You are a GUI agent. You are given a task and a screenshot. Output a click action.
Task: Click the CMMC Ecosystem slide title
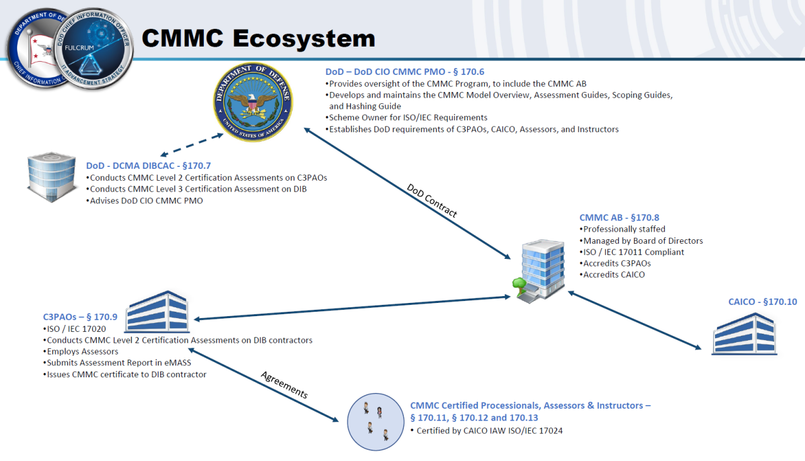coord(258,38)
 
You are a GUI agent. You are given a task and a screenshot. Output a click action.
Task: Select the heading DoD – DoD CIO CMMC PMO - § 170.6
coord(404,72)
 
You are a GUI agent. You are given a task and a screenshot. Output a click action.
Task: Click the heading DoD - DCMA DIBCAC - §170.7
coord(148,166)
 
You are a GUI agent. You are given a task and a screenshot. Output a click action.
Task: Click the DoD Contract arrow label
coord(431,200)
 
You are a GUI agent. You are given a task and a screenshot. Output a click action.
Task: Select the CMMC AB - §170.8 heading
coord(619,218)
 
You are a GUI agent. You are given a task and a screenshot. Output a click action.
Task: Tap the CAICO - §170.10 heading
coord(762,302)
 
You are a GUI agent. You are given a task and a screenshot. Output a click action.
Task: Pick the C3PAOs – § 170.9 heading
coord(80,317)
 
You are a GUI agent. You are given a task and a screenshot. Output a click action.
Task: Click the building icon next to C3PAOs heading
coord(157,312)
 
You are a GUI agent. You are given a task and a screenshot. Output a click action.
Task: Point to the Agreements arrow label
coord(284,384)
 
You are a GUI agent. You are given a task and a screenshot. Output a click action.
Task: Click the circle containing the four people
coord(375,423)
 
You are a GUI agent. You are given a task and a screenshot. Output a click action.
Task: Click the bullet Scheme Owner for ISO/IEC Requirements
coord(406,118)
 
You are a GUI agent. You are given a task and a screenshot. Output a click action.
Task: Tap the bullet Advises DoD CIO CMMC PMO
coord(145,200)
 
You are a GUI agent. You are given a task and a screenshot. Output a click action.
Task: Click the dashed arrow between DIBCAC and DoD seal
coord(192,144)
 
